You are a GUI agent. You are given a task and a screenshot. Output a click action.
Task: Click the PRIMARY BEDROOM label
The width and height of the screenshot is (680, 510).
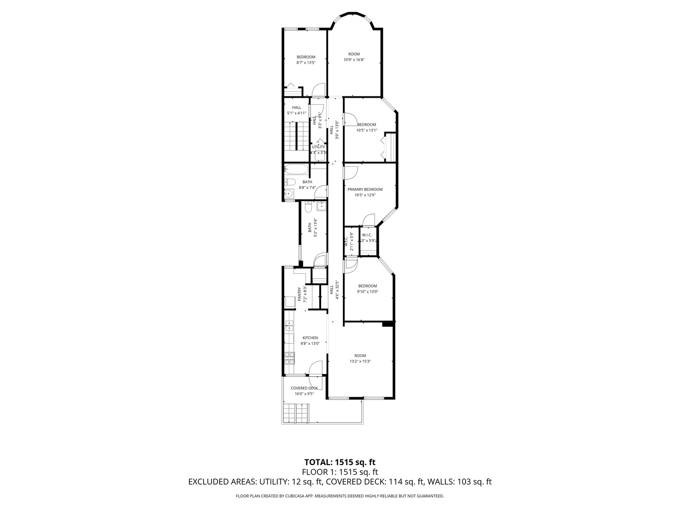pos(365,189)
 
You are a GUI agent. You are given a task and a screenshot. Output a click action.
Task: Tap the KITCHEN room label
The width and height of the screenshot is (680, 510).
pos(310,338)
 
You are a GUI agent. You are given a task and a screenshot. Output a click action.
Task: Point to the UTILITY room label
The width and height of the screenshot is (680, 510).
pos(318,147)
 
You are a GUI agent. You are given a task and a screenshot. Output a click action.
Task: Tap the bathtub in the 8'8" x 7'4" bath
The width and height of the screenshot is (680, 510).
pos(296,170)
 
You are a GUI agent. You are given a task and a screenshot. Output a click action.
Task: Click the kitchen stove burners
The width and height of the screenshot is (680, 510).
pos(289,358)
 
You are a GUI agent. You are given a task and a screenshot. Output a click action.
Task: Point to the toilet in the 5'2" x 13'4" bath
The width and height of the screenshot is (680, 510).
pos(308,206)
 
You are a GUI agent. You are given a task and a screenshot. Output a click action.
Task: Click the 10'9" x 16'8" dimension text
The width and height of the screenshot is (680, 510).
pos(354,60)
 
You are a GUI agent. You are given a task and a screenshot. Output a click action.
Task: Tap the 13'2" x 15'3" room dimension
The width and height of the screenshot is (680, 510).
pos(360,361)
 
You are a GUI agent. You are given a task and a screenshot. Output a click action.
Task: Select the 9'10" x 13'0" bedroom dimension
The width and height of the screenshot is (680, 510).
pos(367,291)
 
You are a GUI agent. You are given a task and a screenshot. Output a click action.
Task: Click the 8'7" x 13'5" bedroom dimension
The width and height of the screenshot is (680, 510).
pos(306,62)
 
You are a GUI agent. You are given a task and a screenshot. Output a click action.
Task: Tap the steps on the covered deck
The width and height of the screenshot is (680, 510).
pos(296,413)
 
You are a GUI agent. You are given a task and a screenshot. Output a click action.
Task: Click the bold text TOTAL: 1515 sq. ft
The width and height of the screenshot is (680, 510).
pos(340,462)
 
